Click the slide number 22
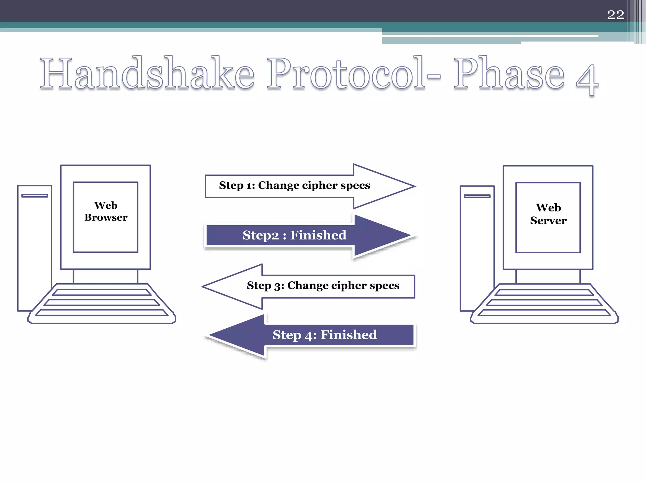[x=615, y=15]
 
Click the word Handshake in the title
[x=147, y=74]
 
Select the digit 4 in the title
[x=587, y=79]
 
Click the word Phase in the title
[x=508, y=73]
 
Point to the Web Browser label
[x=106, y=211]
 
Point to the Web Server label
[x=548, y=214]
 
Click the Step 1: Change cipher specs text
[x=294, y=186]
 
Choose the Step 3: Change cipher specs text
[x=323, y=285]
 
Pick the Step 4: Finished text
[x=325, y=335]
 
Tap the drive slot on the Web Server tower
[x=477, y=196]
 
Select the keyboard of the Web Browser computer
[x=102, y=303]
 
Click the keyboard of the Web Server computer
[x=544, y=303]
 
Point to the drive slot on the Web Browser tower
[x=34, y=196]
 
